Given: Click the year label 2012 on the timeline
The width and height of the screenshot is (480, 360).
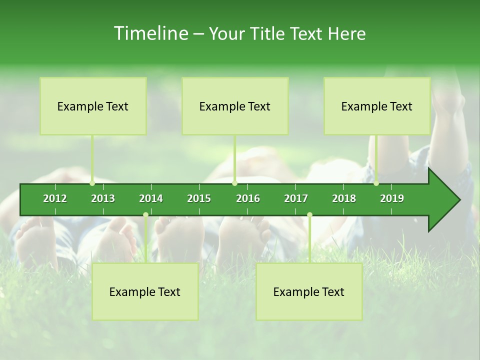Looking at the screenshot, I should [55, 198].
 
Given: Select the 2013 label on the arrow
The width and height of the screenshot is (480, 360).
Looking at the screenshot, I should [103, 198].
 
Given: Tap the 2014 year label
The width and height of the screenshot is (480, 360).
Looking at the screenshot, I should [151, 198].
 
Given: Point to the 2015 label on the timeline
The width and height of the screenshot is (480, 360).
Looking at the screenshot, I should [199, 198].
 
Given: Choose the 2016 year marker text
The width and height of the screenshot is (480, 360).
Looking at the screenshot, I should [248, 198].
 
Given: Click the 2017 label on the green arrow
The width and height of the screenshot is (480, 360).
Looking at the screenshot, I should [296, 198].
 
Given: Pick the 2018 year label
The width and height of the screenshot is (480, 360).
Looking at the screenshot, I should [344, 198].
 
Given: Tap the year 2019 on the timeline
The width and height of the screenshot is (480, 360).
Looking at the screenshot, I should [392, 198].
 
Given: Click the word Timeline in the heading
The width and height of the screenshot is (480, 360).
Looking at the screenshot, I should [150, 33].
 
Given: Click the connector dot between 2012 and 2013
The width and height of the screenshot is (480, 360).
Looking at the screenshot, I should [92, 183].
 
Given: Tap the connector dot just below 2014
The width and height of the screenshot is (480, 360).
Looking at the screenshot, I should [145, 215].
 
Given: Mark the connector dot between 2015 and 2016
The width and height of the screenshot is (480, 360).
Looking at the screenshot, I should [234, 183].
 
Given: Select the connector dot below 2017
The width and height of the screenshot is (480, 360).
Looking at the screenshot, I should [309, 215].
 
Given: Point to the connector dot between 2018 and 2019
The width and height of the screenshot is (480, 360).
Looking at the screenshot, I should [376, 183].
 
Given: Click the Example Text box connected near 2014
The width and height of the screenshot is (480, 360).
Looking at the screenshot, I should [145, 292].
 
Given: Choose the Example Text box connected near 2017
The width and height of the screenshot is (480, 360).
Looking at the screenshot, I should [309, 292].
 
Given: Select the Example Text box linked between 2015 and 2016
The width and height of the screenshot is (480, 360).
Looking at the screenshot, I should [235, 106].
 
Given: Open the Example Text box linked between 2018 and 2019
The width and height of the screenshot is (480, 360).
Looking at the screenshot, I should [377, 106].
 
